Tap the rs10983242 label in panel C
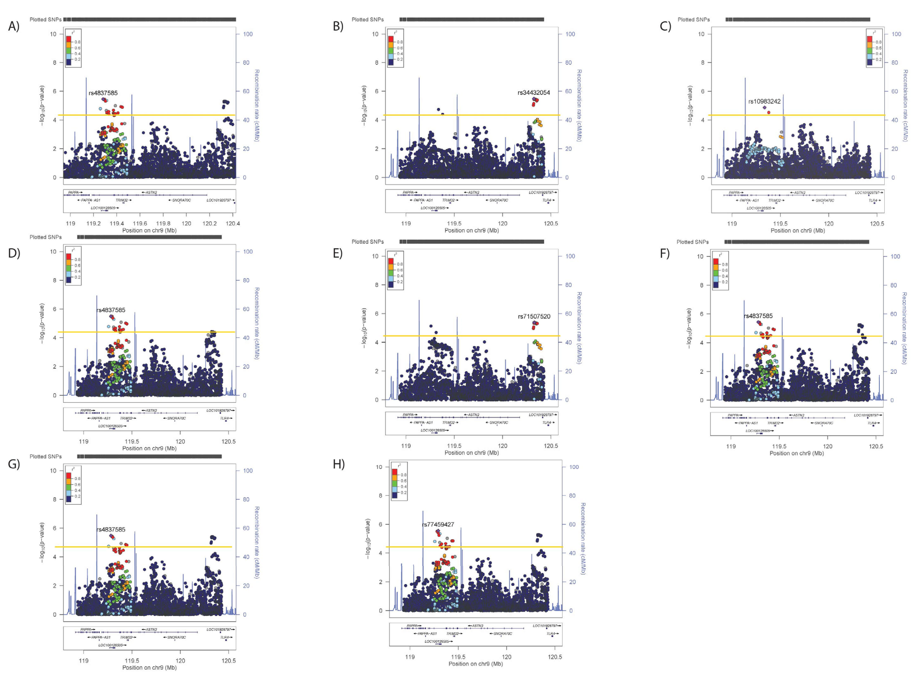(764, 101)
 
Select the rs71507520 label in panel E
(534, 316)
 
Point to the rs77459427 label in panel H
(438, 524)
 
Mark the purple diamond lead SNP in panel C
(764, 108)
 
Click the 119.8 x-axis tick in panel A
(163, 224)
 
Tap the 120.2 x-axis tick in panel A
(209, 224)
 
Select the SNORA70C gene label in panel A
(181, 200)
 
